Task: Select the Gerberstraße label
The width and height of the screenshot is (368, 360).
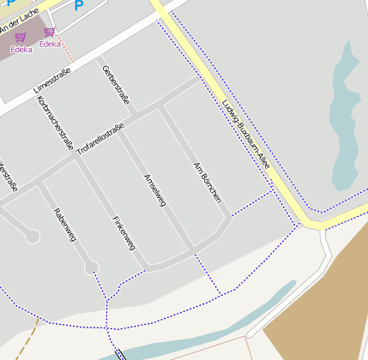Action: (115, 86)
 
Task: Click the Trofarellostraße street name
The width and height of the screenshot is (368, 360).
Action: (100, 139)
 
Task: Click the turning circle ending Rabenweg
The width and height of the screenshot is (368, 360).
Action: (91, 268)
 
